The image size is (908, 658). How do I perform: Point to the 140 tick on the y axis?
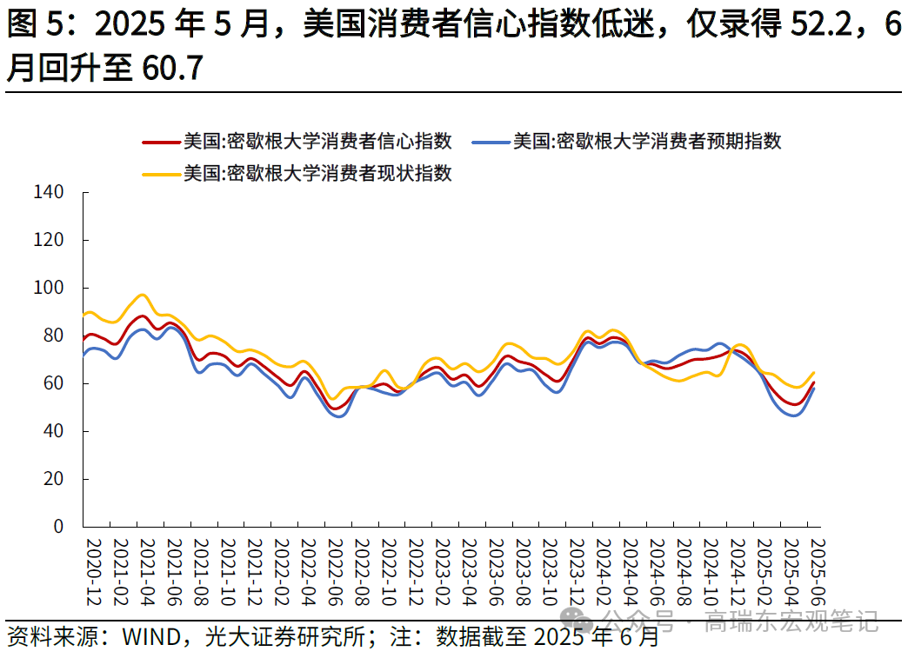(48, 192)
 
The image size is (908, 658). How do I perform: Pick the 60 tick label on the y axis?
(53, 383)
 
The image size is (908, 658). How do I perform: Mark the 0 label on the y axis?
(58, 527)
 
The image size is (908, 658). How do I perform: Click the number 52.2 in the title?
(822, 27)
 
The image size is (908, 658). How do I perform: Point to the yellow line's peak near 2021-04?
(143, 295)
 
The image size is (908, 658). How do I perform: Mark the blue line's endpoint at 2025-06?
(814, 388)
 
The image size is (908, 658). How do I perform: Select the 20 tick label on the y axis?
(53, 479)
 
